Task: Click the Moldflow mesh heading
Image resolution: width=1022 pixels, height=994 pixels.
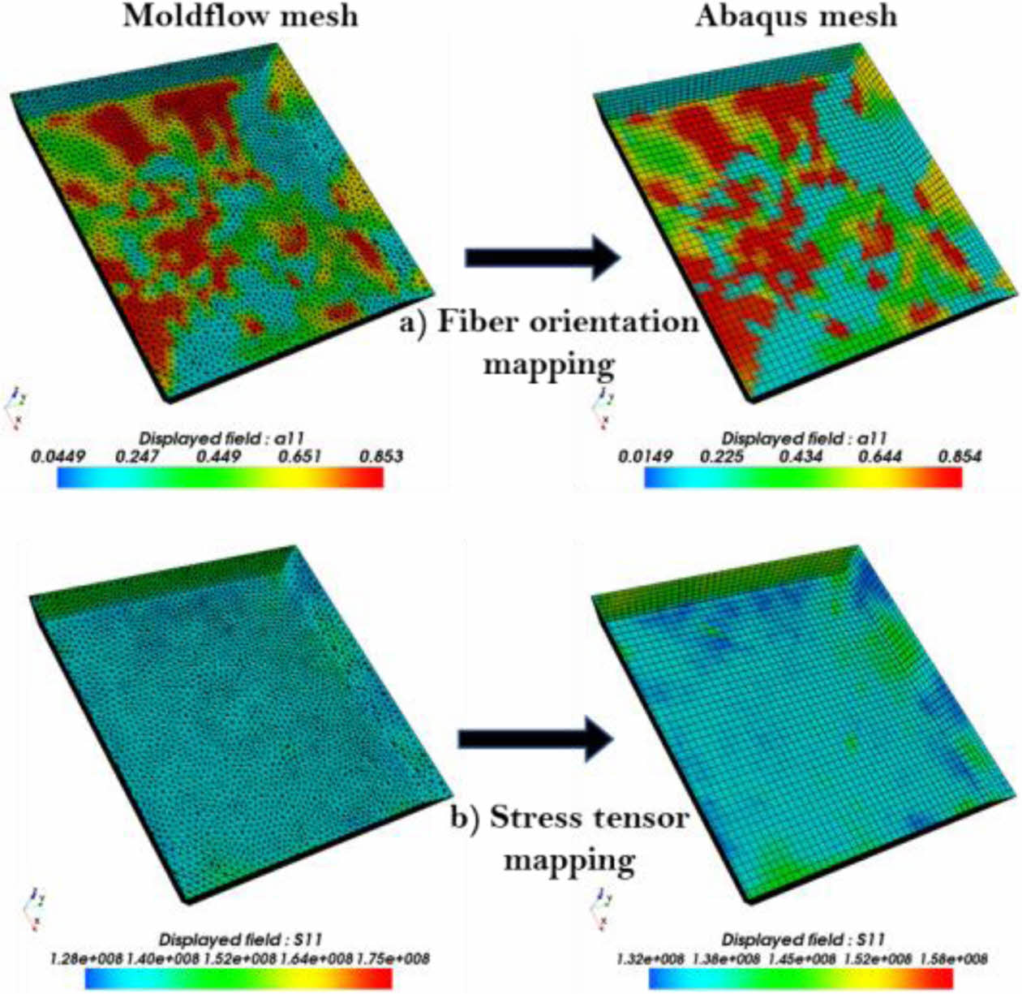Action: pyautogui.click(x=240, y=16)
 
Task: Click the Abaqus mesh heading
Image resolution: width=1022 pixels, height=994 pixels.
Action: pyautogui.click(x=796, y=16)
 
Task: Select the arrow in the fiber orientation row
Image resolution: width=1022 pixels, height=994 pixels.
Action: pyautogui.click(x=542, y=257)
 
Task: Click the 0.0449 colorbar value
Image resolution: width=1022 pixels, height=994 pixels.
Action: pyautogui.click(x=58, y=456)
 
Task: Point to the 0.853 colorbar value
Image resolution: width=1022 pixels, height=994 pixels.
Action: pyautogui.click(x=381, y=456)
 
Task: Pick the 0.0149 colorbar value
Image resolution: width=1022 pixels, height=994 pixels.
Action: pyautogui.click(x=645, y=456)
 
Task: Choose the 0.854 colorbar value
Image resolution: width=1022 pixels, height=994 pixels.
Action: pyautogui.click(x=960, y=456)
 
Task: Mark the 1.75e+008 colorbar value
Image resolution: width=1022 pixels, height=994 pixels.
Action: pyautogui.click(x=396, y=959)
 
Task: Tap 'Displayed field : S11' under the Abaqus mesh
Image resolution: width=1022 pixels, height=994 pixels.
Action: pyautogui.click(x=803, y=940)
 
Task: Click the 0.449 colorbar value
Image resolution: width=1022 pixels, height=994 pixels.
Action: pyautogui.click(x=219, y=456)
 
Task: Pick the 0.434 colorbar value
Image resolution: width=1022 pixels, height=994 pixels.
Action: pyautogui.click(x=801, y=456)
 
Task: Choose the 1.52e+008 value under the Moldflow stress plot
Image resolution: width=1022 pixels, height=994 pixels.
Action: pyautogui.click(x=243, y=959)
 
